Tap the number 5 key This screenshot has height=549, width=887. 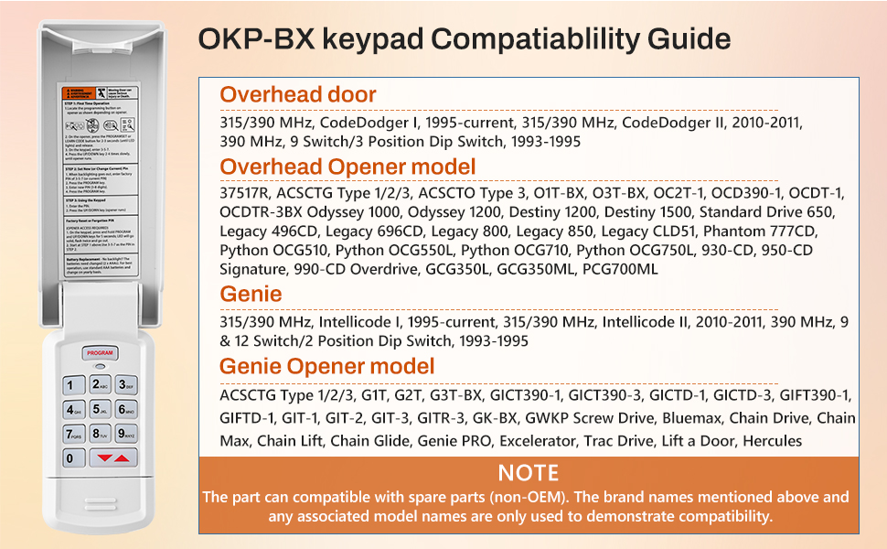[100, 409]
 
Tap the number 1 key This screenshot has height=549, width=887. [73, 385]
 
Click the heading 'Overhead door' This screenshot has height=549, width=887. [298, 94]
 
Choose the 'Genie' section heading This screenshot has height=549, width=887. [251, 294]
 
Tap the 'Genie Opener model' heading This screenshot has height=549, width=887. [326, 366]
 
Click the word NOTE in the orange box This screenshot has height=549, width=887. [529, 473]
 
